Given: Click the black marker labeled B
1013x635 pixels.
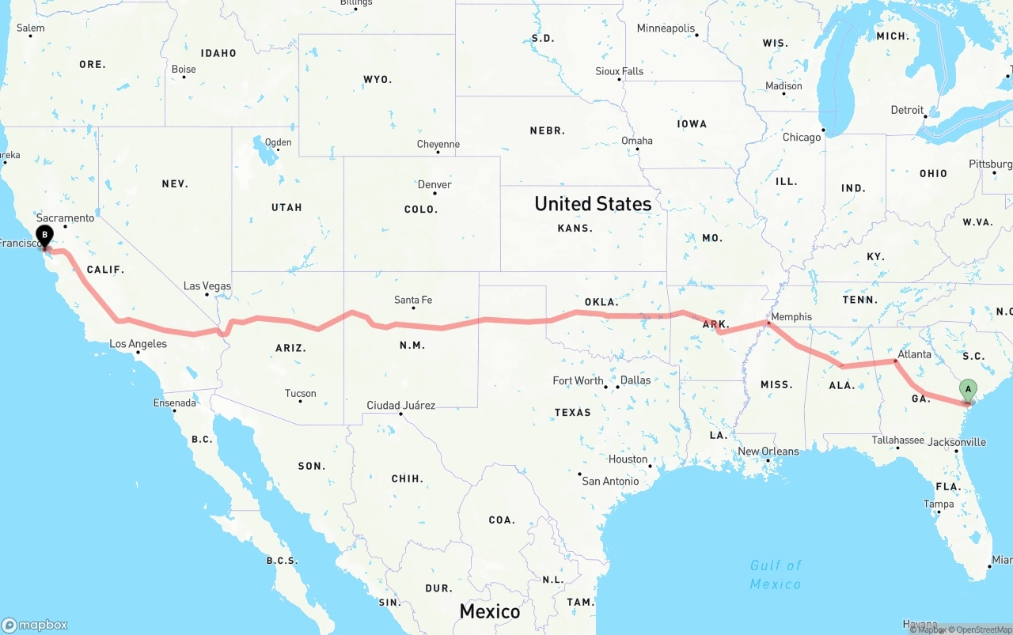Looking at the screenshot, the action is [45, 235].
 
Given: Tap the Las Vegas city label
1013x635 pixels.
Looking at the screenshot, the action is [207, 286].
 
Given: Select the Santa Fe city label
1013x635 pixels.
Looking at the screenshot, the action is [413, 300].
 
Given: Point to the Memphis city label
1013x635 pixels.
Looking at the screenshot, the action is [791, 317].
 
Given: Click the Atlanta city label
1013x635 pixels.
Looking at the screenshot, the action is [914, 354].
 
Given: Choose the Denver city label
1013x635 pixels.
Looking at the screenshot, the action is [434, 184].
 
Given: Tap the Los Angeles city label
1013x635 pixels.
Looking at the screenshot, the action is [138, 344].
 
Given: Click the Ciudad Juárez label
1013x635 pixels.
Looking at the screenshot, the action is [400, 406].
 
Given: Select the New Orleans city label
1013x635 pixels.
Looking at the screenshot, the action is [768, 452].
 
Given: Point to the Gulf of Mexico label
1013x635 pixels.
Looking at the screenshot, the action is [776, 575].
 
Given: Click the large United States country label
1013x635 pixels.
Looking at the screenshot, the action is [593, 204].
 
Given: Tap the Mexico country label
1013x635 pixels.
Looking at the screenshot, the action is [490, 611].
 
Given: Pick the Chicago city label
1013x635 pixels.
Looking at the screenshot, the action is [802, 138].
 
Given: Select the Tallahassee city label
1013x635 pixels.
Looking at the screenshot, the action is [897, 440].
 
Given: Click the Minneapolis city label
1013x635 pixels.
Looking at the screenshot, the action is [666, 28].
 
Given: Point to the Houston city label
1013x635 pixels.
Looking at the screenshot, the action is [628, 459].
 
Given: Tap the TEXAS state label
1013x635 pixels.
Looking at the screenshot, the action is [572, 412].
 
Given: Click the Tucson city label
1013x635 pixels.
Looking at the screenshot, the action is [300, 394].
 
